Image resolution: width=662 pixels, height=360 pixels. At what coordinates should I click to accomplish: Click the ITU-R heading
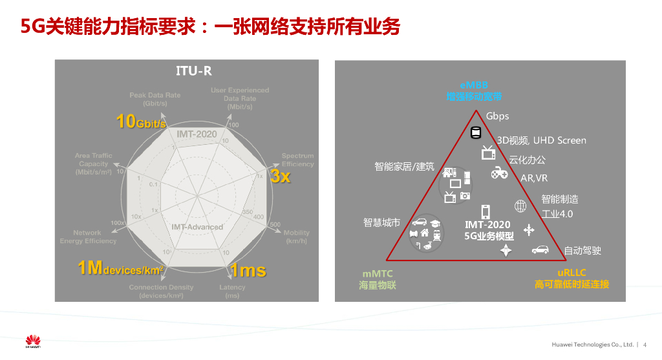click(194, 71)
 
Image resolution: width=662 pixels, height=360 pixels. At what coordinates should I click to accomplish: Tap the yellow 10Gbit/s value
click(142, 121)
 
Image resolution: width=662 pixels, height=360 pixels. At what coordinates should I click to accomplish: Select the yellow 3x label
click(280, 176)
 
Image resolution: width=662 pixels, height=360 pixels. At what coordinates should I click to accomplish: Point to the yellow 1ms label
click(248, 270)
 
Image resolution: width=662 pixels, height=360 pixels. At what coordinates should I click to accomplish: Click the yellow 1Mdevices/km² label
click(120, 268)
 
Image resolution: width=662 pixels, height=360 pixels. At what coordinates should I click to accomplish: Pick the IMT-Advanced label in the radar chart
click(197, 227)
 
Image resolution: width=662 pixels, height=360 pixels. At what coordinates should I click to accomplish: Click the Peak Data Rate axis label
click(155, 99)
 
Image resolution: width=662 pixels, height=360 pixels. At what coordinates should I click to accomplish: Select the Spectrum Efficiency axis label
click(297, 160)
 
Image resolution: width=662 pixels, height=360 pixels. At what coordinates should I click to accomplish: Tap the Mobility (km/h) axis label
click(297, 237)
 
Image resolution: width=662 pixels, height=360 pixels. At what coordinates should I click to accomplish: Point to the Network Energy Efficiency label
click(88, 237)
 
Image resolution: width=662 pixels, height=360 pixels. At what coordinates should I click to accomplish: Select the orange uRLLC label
click(571, 279)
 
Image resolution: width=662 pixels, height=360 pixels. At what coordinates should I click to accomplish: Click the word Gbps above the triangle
click(498, 116)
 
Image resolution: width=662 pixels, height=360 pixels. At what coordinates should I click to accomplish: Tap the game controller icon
click(499, 173)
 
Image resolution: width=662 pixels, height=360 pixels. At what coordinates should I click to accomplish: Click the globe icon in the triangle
click(520, 207)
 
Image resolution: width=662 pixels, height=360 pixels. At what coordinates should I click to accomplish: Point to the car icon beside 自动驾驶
click(540, 249)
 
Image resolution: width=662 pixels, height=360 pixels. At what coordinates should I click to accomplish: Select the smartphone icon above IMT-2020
click(485, 211)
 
